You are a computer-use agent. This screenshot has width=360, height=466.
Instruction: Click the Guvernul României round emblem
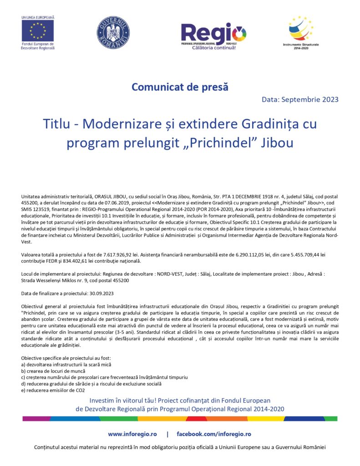coord(113,33)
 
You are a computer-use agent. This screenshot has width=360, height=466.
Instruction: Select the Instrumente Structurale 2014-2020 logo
coord(301,29)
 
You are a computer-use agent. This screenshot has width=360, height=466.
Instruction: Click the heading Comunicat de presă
coord(180,86)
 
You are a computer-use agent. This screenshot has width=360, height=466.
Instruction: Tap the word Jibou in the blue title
coord(277,142)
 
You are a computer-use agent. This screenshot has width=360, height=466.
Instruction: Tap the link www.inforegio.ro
coord(132,434)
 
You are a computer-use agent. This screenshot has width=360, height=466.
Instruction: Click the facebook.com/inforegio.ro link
coord(214,434)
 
